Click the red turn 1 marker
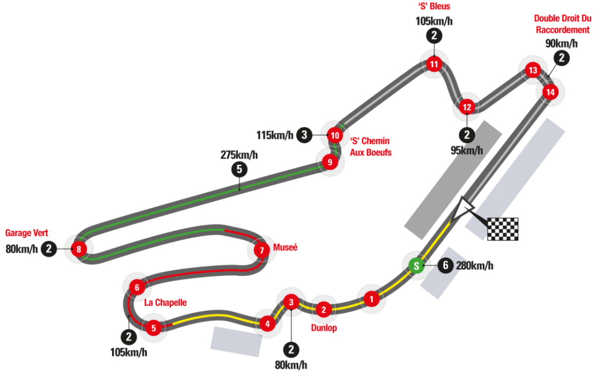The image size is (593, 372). point(371,298)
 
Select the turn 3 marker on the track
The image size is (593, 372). point(292,302)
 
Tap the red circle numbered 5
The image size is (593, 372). point(154,327)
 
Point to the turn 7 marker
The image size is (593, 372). point(262,250)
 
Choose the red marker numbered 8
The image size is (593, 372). point(79,249)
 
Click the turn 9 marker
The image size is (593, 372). point(329,162)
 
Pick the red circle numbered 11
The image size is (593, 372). point(434,64)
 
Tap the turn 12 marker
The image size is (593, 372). point(467,107)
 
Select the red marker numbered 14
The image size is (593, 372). point(550,92)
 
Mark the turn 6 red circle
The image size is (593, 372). point(137,287)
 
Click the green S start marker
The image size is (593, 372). point(416,266)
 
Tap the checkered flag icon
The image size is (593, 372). point(503,228)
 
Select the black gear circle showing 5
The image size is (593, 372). point(239,169)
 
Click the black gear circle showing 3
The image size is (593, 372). point(304,135)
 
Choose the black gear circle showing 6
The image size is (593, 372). point(445,266)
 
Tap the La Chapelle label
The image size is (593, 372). point(166,303)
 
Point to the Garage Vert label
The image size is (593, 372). point(27,232)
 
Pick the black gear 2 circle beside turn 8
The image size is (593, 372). point(48,249)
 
